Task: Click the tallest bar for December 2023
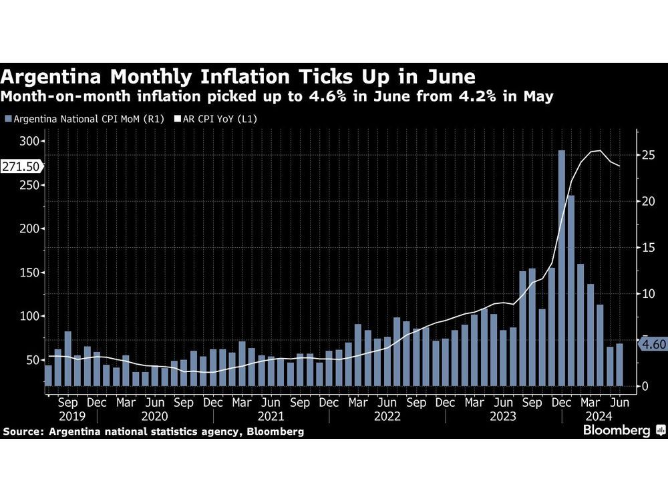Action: [x=562, y=267]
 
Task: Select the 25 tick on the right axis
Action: [x=647, y=156]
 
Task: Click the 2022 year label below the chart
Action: [x=387, y=417]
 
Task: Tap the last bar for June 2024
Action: [x=619, y=365]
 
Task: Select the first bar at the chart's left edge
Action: [x=48, y=375]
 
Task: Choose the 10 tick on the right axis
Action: [x=647, y=294]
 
